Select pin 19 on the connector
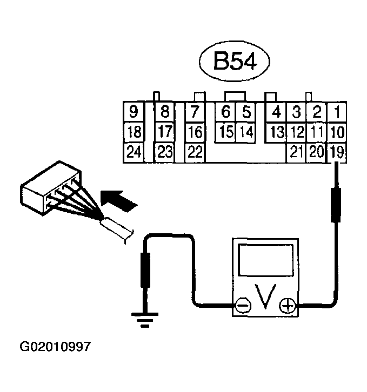pyautogui.click(x=336, y=152)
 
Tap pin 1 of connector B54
pyautogui.click(x=336, y=112)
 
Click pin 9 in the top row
pyautogui.click(x=133, y=112)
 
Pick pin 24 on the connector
pyautogui.click(x=133, y=152)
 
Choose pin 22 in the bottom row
pyautogui.click(x=195, y=152)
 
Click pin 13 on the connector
pyautogui.click(x=277, y=132)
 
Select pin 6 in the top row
pyautogui.click(x=226, y=112)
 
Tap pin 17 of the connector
pyautogui.click(x=165, y=132)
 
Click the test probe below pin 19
pyautogui.click(x=336, y=206)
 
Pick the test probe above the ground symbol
pyautogui.click(x=144, y=271)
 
